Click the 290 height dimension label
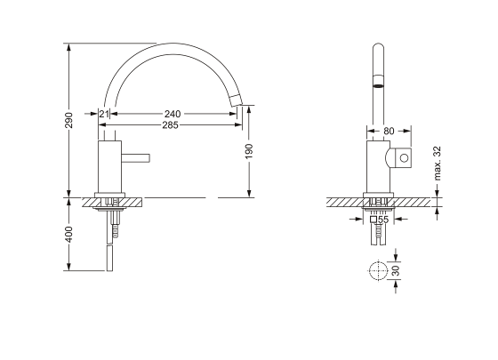69,120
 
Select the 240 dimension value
173,114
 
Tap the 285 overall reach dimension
170,125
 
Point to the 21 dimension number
104,114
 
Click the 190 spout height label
249,151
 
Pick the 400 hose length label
69,235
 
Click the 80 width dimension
389,131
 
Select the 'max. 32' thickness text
438,164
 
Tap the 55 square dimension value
383,220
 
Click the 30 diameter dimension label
396,270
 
